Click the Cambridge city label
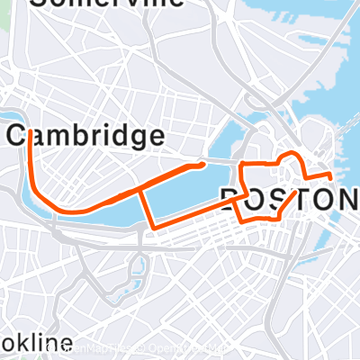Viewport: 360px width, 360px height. click(86, 137)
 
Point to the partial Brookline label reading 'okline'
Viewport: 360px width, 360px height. click(36, 343)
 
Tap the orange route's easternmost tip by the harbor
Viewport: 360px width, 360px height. click(331, 175)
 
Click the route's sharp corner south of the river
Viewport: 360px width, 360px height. click(154, 227)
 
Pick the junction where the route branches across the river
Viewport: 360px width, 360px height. click(141, 192)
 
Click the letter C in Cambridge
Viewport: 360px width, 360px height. click(19, 137)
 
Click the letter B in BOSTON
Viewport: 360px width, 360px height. click(231, 199)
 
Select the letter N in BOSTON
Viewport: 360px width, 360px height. click(343, 199)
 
